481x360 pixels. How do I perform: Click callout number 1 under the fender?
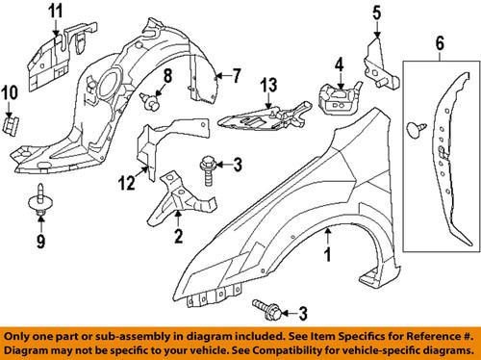click(x=329, y=257)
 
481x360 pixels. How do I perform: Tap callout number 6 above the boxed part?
click(x=440, y=42)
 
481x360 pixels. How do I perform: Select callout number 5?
click(x=377, y=13)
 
